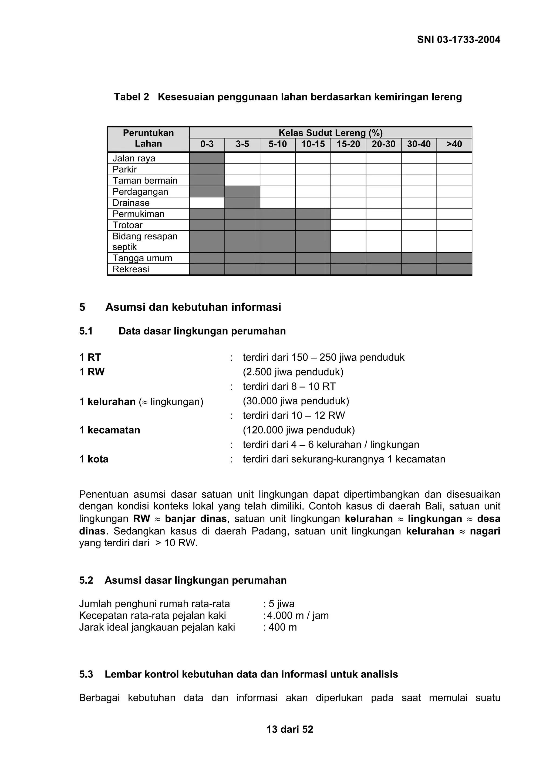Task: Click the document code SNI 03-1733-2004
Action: pyautogui.click(x=458, y=40)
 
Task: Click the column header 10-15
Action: pyautogui.click(x=313, y=144)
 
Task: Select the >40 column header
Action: pyautogui.click(x=454, y=144)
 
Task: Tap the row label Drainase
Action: pyautogui.click(x=131, y=203)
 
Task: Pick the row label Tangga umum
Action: pyautogui.click(x=142, y=258)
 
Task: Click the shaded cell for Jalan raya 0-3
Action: pyautogui.click(x=207, y=158)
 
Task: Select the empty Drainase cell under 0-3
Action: pyautogui.click(x=207, y=203)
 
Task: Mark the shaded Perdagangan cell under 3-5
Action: pyautogui.click(x=242, y=192)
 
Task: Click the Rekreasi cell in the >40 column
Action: pyautogui.click(x=454, y=269)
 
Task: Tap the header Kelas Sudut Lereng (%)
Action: pyautogui.click(x=330, y=133)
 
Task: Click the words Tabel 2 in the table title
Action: pyautogui.click(x=131, y=97)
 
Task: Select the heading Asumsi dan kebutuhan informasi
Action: pyautogui.click(x=193, y=307)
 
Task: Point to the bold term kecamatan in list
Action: pyautogui.click(x=114, y=430)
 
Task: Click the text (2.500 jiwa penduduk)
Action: pyautogui.click(x=293, y=372)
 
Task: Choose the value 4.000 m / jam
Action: pyautogui.click(x=298, y=615)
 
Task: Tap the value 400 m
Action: pyautogui.click(x=282, y=627)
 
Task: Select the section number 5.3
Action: pyautogui.click(x=86, y=674)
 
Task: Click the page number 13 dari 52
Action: pyautogui.click(x=290, y=729)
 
